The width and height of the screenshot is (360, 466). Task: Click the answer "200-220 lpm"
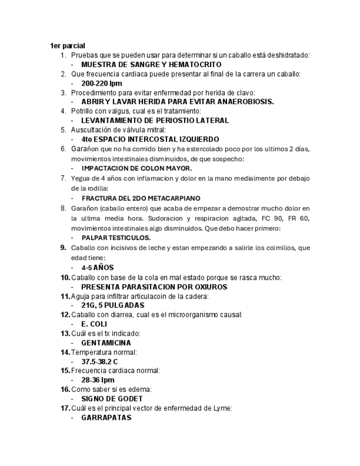click(x=102, y=83)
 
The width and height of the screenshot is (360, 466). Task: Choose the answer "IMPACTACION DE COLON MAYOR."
click(x=136, y=168)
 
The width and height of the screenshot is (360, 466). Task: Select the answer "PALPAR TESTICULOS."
click(x=116, y=238)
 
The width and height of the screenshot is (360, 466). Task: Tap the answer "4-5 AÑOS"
click(x=97, y=268)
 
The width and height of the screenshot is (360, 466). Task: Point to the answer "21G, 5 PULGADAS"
click(x=113, y=305)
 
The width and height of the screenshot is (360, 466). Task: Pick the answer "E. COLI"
click(x=94, y=324)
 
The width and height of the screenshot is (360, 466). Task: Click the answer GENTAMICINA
click(x=106, y=342)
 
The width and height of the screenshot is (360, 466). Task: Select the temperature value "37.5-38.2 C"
click(x=99, y=362)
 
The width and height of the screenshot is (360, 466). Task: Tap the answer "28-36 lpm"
click(x=98, y=380)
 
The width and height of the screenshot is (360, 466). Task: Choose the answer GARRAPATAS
click(x=106, y=417)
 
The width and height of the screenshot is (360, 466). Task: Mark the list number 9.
click(x=64, y=248)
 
